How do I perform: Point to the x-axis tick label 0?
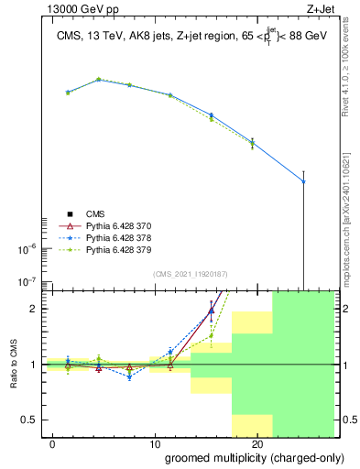pos(54,443)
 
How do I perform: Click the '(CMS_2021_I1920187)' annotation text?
pos(191,274)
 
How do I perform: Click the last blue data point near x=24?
pos(303,181)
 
